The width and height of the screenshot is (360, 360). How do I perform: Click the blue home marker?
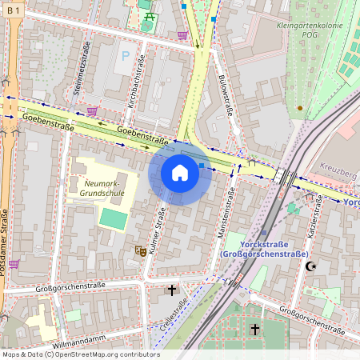coord(180,173)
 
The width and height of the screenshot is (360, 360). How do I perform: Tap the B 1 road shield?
coord(14,9)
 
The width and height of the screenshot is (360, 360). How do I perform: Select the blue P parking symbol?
coord(124,57)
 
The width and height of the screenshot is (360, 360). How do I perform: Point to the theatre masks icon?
coord(140,250)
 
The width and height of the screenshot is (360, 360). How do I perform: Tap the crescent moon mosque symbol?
coord(311,265)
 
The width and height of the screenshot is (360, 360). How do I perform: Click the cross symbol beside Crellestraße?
coord(171,290)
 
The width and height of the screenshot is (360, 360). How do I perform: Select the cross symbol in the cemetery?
coord(255,329)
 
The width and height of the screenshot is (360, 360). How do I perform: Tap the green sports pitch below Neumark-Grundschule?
coord(113,218)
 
